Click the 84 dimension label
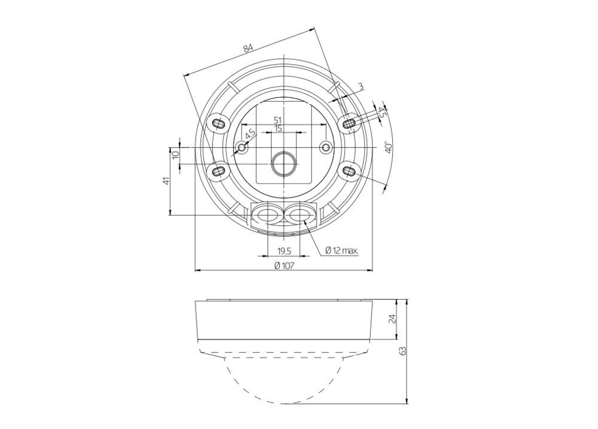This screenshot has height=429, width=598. tap(248, 48)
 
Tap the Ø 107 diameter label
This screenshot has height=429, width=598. tap(284, 265)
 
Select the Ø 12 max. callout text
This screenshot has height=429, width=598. tap(341, 250)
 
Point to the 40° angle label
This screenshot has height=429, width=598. tap(389, 147)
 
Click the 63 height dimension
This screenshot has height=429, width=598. tap(402, 351)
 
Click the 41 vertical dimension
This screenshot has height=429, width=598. tap(166, 181)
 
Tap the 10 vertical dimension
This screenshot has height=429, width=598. tap(175, 155)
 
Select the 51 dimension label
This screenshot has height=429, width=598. tap(279, 120)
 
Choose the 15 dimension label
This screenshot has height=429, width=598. tap(279, 128)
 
